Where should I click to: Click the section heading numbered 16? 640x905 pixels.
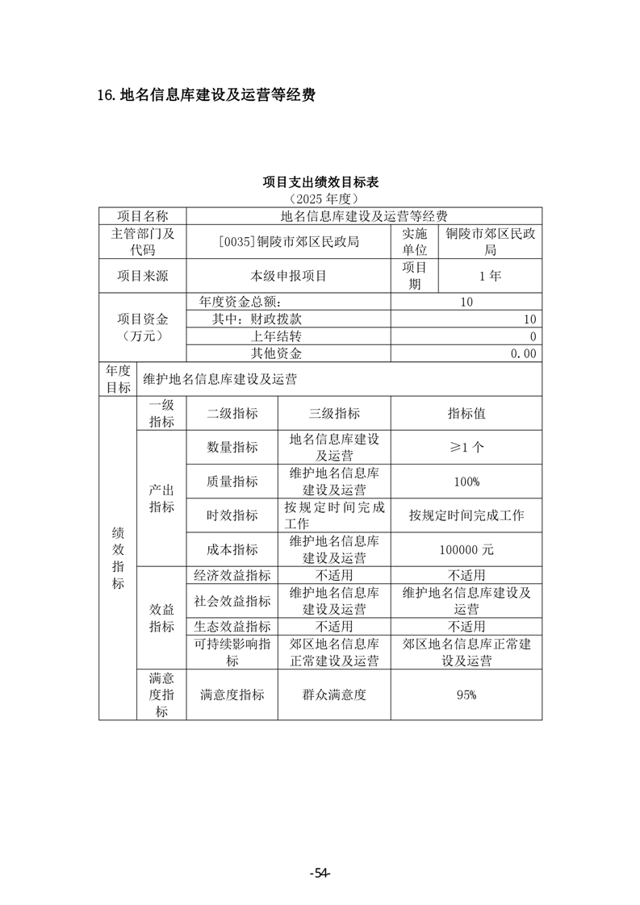(205, 95)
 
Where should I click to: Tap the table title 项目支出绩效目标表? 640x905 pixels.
(320, 181)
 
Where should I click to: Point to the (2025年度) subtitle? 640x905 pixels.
(320, 198)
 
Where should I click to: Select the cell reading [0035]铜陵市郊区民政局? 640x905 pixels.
(288, 241)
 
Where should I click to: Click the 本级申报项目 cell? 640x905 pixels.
(288, 276)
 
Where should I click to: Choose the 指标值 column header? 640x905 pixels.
(466, 413)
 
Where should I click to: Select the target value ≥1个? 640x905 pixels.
(466, 447)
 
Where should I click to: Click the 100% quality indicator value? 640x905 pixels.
(466, 482)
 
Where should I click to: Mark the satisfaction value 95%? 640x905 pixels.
(466, 694)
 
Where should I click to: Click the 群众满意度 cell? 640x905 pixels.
(334, 694)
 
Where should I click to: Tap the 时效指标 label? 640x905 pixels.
(232, 515)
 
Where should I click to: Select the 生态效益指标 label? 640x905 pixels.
(232, 627)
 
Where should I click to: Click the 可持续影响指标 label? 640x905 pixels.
(232, 652)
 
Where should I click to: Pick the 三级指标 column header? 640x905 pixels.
(334, 413)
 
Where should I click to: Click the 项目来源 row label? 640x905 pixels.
(143, 276)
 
